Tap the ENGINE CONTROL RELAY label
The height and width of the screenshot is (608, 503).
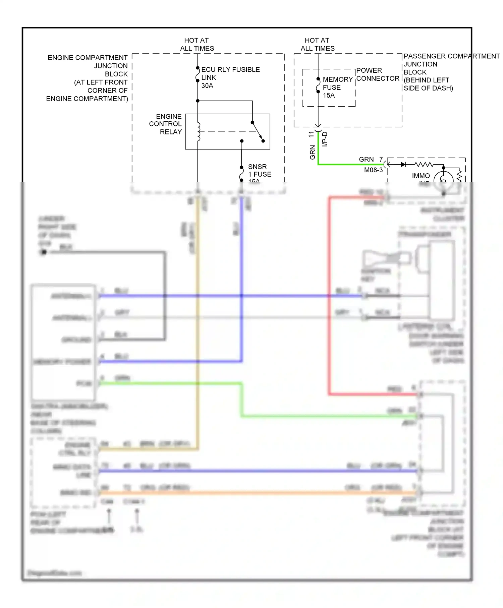166,124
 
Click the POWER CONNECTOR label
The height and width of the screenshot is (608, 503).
377,74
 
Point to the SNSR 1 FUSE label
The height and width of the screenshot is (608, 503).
259,171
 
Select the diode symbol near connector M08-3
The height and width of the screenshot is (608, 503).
403,165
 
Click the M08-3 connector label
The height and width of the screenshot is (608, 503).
373,170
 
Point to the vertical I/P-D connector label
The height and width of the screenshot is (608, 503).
325,139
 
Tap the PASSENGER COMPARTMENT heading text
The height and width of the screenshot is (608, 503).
451,56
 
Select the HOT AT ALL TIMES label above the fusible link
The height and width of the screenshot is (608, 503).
197,44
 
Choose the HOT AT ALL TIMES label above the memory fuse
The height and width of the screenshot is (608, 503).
317,44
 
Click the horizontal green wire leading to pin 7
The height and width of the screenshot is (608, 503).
349,164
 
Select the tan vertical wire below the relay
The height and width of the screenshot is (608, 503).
198,335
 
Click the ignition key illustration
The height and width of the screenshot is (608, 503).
386,259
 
